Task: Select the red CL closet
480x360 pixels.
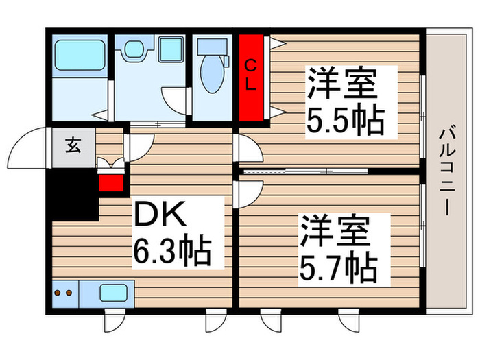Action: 252,75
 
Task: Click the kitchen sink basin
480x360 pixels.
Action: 115,293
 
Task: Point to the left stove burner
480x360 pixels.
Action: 58,293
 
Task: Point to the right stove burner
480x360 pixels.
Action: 69,293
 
